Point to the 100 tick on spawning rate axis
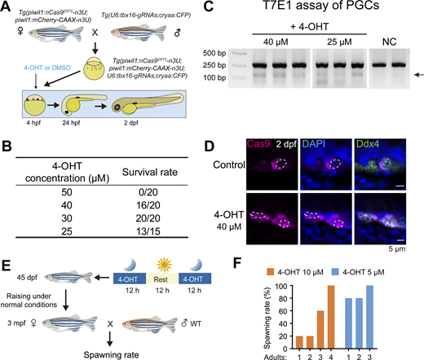[282, 286]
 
